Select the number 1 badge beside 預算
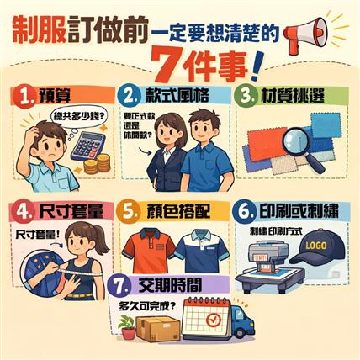(x=24, y=94)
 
